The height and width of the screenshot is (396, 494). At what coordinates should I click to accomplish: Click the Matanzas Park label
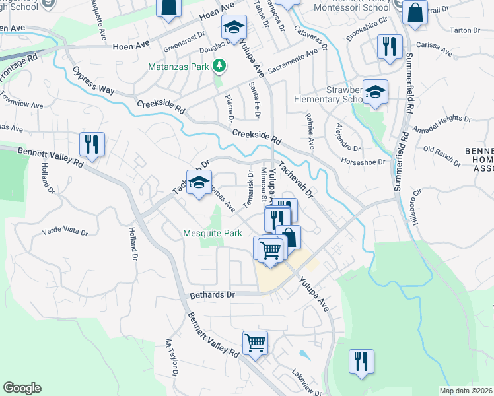(180, 65)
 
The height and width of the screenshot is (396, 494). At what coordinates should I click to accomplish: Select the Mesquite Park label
(213, 234)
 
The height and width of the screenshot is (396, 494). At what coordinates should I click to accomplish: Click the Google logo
(22, 388)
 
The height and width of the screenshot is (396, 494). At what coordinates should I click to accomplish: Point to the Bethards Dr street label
(212, 294)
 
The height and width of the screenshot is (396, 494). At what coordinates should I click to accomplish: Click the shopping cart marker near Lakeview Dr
(255, 343)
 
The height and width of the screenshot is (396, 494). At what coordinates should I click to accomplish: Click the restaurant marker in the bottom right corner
(361, 362)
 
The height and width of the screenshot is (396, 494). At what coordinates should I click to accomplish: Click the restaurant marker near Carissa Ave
(389, 47)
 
